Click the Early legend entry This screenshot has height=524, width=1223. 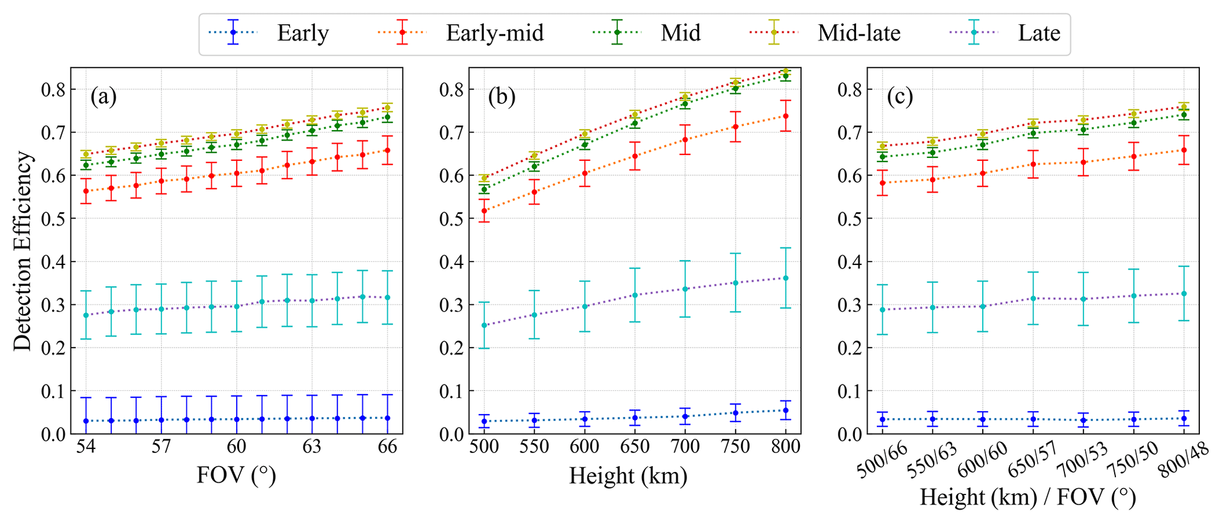(x=302, y=33)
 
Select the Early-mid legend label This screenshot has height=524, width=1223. (x=495, y=33)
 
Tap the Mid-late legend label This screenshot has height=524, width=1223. (x=859, y=33)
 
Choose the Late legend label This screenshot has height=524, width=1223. (x=1039, y=33)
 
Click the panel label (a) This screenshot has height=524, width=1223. (x=104, y=96)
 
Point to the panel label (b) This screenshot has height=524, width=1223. (x=502, y=96)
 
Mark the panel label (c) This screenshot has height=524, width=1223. (x=900, y=96)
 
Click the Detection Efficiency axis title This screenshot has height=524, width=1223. (x=22, y=251)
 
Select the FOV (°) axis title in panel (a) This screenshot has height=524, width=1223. (x=237, y=475)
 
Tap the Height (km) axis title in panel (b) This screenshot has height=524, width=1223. (x=628, y=475)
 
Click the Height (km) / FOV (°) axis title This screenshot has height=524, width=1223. (x=1028, y=497)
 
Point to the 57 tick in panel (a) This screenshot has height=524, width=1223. (x=161, y=447)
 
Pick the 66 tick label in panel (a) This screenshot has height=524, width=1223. (x=388, y=447)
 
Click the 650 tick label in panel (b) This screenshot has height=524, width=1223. (x=635, y=447)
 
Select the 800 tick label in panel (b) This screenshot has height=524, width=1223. (x=785, y=447)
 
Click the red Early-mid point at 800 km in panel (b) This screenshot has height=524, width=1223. (x=786, y=116)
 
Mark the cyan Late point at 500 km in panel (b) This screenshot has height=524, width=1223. (x=484, y=325)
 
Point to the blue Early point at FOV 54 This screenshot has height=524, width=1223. (x=86, y=421)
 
